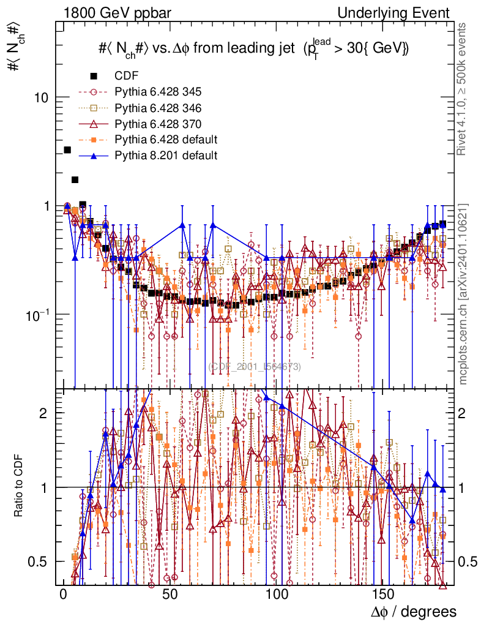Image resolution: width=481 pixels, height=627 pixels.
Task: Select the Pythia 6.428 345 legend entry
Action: click(x=158, y=92)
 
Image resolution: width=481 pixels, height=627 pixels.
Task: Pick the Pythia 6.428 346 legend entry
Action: click(x=158, y=108)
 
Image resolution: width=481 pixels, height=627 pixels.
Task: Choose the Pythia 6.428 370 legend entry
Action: click(x=158, y=124)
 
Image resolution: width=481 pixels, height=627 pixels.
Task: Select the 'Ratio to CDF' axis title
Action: click(x=18, y=487)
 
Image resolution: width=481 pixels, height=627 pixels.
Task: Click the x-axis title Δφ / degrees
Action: click(x=413, y=612)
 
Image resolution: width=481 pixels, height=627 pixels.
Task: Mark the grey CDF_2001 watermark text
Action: click(x=255, y=367)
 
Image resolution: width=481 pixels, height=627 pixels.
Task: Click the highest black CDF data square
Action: click(x=67, y=150)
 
